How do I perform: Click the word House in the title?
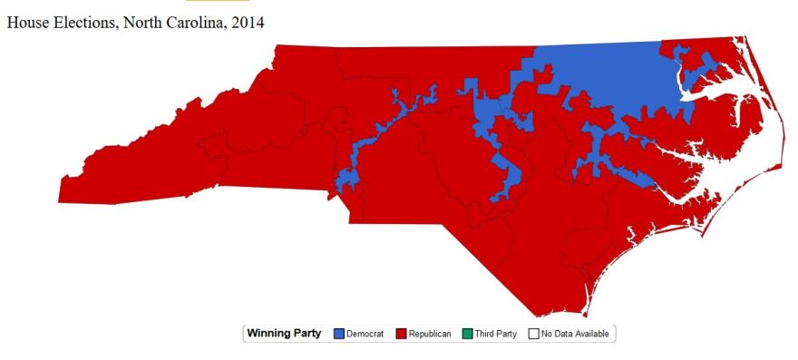pos(25,23)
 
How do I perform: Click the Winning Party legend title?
pos(284,334)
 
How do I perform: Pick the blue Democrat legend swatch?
pos(339,334)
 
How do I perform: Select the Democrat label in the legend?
pos(365,334)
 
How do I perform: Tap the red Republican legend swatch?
pos(400,334)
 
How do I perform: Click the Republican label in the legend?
pos(430,334)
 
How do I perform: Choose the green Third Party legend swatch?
pos(466,334)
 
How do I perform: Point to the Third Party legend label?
pos(495,334)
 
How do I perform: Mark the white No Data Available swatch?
pos(533,334)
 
